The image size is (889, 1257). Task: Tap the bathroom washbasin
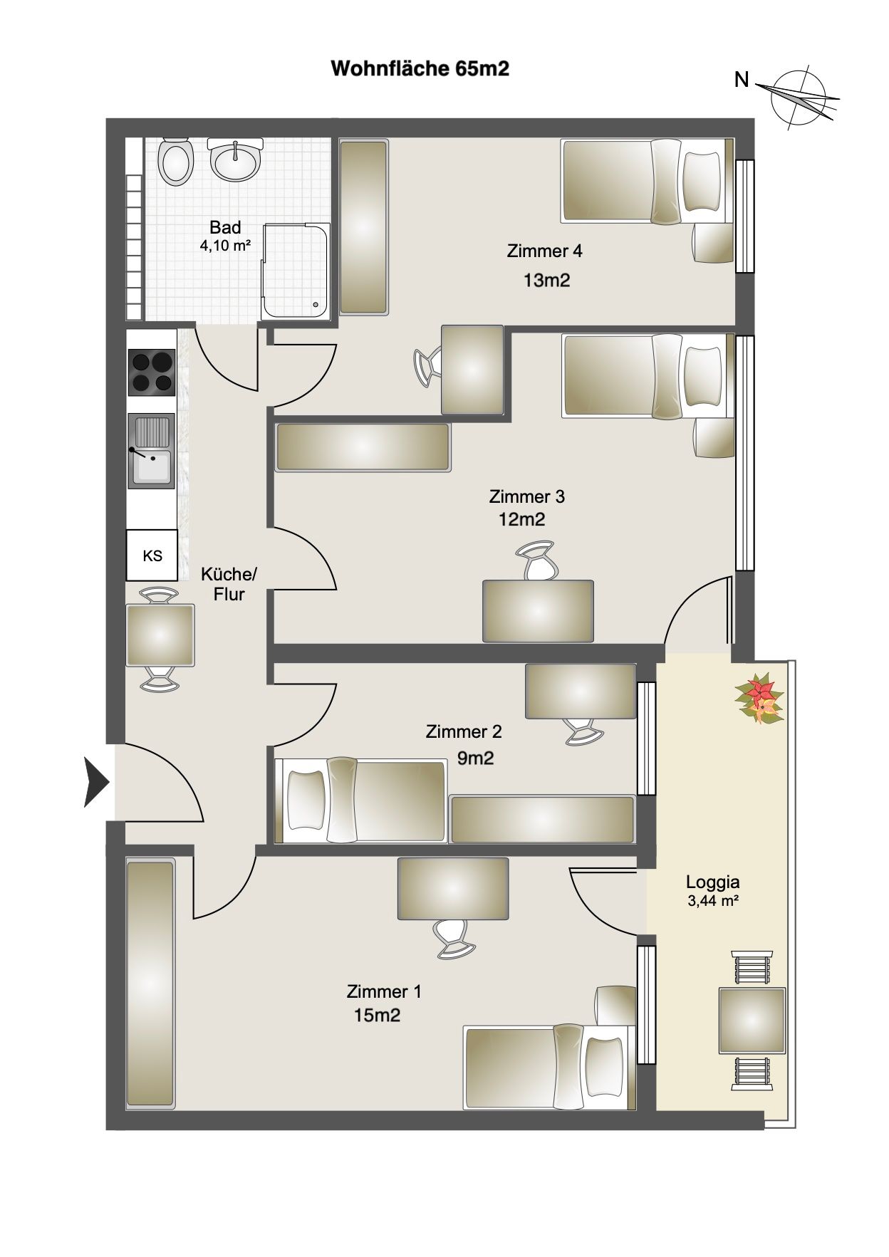235,159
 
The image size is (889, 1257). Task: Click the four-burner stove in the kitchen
151,372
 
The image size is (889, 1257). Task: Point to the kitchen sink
151,452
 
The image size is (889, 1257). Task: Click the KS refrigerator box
152,556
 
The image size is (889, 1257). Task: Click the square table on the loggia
752,1021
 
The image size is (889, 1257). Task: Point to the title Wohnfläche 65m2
420,69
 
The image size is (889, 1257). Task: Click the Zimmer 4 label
544,251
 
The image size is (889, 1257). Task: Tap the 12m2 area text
521,519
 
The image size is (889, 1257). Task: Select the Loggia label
712,882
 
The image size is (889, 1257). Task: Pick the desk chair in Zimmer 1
454,937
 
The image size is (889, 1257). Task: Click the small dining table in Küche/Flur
160,635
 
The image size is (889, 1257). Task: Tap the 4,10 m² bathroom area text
225,246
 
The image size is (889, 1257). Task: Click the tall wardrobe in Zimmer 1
150,984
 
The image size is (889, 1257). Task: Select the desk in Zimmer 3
539,611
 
